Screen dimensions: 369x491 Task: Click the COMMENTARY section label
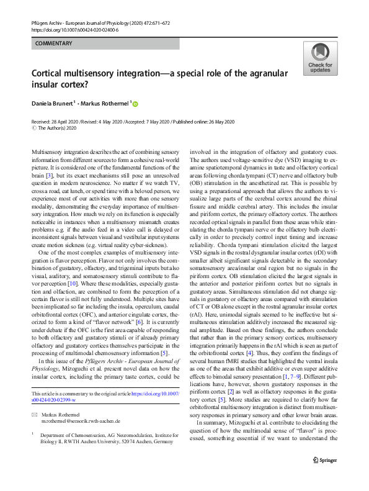point(54,44)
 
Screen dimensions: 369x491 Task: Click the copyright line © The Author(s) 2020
point(59,128)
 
